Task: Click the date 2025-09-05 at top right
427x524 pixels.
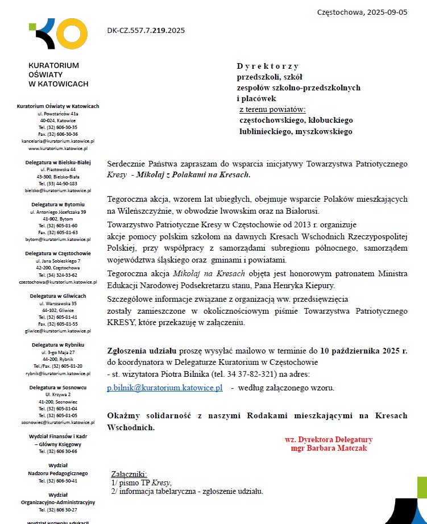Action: [386, 12]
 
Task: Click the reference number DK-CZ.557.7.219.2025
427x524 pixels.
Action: [146, 31]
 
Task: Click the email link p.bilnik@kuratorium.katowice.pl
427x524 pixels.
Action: [165, 388]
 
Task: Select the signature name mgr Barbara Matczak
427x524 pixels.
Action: [329, 448]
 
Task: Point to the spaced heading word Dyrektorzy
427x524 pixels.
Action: [268, 66]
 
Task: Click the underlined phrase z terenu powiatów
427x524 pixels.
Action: [272, 110]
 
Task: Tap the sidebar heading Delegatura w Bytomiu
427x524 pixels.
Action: [58, 204]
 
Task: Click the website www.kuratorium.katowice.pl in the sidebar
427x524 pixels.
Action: [58, 148]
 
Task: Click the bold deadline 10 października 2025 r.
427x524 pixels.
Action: [364, 351]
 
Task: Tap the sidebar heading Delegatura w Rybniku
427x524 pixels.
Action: [58, 345]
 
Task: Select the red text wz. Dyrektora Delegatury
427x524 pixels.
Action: [329, 439]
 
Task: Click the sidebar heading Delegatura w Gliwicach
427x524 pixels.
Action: [58, 296]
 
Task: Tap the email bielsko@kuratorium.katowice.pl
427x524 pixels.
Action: [58, 190]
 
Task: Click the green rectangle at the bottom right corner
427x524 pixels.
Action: [422, 487]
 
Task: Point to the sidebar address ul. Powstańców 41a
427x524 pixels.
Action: [58, 114]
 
